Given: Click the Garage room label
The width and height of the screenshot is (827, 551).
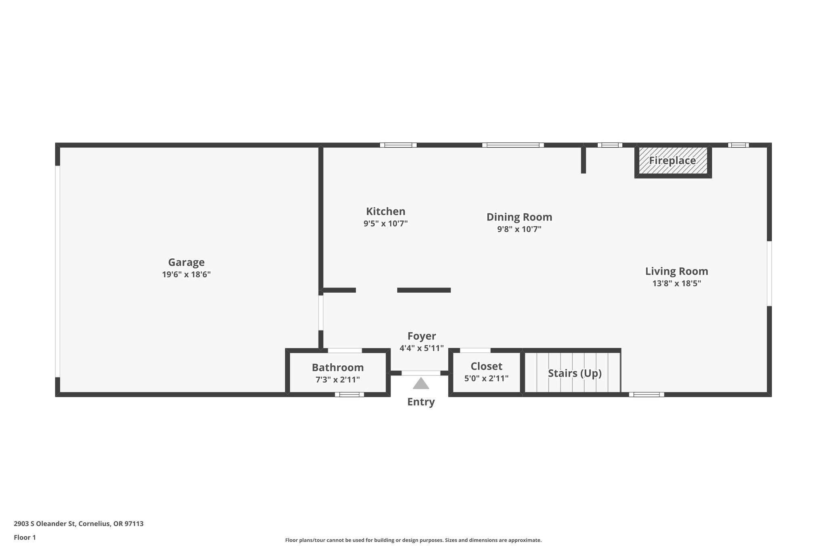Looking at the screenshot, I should click(186, 262).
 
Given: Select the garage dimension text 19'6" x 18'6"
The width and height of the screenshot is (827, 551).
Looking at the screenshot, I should click(186, 274).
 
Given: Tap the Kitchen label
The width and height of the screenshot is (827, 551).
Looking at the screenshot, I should click(385, 212).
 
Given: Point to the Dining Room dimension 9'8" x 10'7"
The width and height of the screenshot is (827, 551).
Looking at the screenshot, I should click(519, 229).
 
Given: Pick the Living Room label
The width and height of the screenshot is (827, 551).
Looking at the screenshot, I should click(676, 271).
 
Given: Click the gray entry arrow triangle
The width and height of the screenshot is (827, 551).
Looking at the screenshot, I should click(421, 384).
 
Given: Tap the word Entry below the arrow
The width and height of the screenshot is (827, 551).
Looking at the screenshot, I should click(421, 402).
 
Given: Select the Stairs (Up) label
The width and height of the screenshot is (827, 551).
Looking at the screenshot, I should click(574, 373).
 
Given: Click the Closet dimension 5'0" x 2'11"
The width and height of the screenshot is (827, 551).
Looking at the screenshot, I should click(486, 379).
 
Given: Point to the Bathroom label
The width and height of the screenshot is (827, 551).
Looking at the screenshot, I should click(338, 368).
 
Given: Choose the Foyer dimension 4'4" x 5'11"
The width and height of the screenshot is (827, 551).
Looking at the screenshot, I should click(422, 348).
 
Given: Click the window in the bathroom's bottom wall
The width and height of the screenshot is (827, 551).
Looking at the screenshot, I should click(349, 394).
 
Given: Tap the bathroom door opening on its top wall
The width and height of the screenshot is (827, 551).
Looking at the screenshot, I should click(344, 350).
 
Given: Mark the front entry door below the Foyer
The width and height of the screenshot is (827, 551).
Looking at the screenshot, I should click(421, 373).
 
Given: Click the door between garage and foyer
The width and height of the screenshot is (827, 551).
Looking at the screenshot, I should click(321, 313).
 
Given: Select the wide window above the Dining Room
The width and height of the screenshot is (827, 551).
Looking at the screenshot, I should click(513, 145).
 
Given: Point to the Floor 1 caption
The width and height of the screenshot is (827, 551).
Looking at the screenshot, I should click(25, 538).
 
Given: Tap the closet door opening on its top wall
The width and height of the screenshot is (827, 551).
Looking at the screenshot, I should click(475, 350).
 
